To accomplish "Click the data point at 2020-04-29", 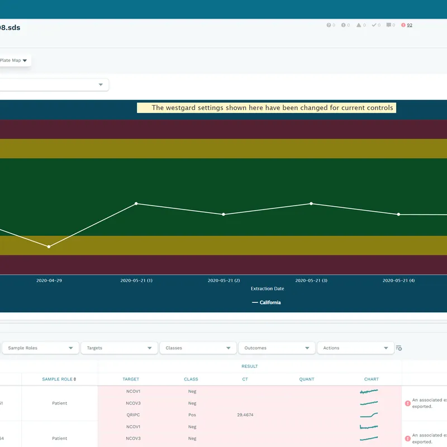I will pos(49,246).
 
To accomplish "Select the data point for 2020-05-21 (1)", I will pos(136,203).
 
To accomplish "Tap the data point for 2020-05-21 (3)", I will pos(311,203).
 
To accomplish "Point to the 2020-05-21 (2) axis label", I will pos(223,280).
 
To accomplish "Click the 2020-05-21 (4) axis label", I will pos(398,280).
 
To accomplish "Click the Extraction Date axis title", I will pos(267,289).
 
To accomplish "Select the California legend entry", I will pos(267,302).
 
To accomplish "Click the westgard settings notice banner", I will pos(267,108).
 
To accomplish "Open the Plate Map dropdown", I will pos(14,60).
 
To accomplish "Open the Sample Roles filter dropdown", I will pos(40,348).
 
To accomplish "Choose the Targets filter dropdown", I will pos(119,348).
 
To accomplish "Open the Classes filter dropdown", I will pos(198,348).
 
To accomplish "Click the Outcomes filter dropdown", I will pos(277,348).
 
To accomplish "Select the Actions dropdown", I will pos(355,348).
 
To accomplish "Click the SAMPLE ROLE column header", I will pos(59,379).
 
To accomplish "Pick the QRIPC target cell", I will pos(132,415).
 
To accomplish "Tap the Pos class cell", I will pos(192,415).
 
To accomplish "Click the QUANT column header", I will pos(306,379).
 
